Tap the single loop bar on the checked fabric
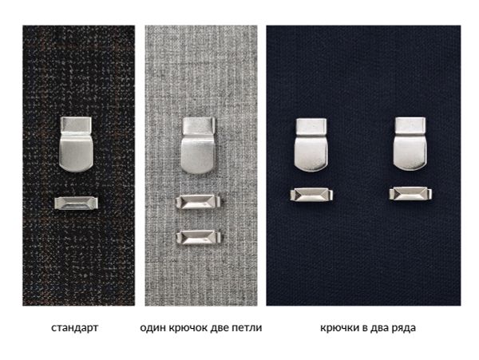[x=75, y=204]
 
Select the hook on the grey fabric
[x=199, y=148]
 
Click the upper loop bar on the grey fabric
[x=197, y=203]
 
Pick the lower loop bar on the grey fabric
[x=197, y=236]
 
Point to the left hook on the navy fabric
[x=310, y=148]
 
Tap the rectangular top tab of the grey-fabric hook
[x=199, y=125]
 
